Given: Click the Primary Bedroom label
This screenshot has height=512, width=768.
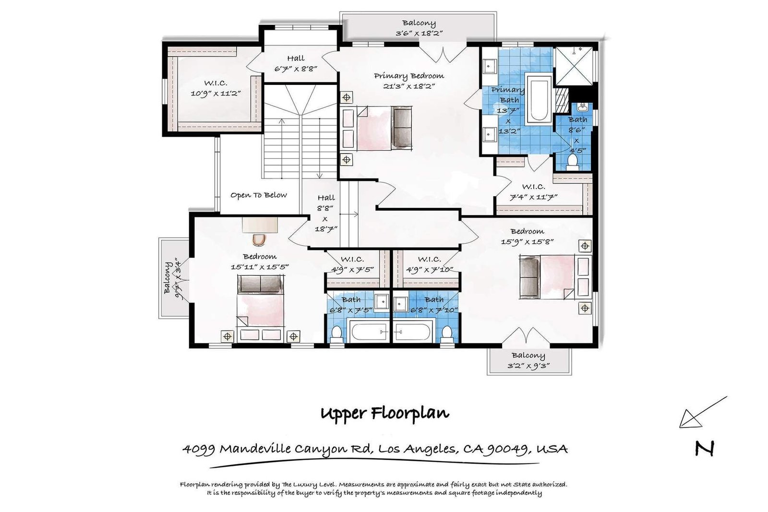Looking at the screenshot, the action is tap(408, 76).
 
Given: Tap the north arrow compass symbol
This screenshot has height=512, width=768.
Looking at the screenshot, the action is tap(703, 412).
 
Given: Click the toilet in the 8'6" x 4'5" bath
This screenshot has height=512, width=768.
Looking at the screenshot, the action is tap(572, 162).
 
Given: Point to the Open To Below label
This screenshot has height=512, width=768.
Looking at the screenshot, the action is tap(259, 195).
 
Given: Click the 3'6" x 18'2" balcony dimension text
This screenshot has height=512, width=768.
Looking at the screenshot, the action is tap(419, 33).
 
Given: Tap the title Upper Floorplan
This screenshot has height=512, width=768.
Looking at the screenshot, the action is tap(384, 413).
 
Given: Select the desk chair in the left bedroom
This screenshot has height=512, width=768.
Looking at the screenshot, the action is tap(259, 239).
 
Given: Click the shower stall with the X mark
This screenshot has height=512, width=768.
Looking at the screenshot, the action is tap(574, 66).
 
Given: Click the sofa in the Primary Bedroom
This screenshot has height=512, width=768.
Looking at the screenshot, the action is tap(402, 128).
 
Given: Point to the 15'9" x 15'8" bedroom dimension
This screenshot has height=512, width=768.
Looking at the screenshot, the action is tap(527, 242).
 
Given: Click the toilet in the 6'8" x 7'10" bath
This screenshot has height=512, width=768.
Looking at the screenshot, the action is tap(447, 334).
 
